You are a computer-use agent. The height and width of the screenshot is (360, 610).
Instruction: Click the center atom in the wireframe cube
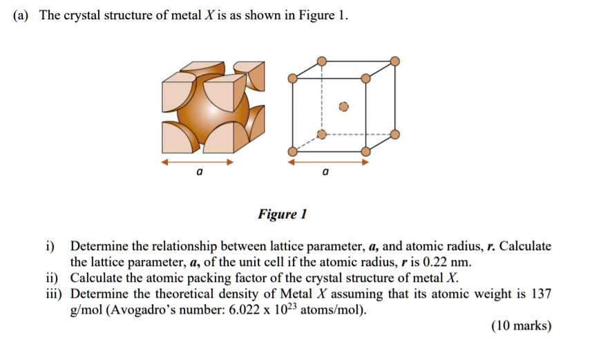[x=343, y=107]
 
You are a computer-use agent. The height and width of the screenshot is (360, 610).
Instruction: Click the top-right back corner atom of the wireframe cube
[x=394, y=61]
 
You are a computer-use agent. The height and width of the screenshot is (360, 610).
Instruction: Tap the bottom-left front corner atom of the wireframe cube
[x=293, y=151]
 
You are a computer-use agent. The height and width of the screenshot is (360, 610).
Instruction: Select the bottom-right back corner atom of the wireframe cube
[x=394, y=133]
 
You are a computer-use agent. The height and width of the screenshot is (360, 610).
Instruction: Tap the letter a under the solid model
[x=199, y=173]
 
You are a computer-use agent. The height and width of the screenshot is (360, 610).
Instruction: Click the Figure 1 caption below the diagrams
[x=283, y=214]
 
